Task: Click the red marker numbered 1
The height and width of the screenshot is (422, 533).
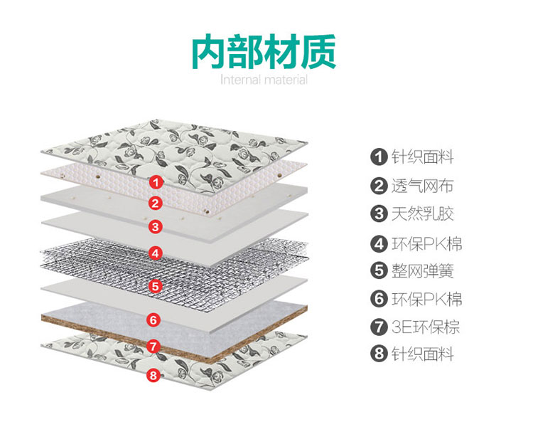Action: point(156,182)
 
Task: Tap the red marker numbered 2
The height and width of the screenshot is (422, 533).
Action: point(156,204)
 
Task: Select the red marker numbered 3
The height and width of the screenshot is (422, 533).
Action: point(156,226)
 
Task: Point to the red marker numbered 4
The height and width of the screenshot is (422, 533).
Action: point(156,253)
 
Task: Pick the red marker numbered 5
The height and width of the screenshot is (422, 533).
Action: point(156,286)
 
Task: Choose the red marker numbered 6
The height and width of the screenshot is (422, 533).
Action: point(154,320)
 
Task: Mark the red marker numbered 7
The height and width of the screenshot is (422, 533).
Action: point(154,347)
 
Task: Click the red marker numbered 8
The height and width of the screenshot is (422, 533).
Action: point(154,375)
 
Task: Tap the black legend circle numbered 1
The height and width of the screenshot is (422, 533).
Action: point(379,157)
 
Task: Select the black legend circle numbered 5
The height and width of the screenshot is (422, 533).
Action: point(379,270)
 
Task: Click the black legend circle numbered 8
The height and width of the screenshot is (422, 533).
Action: point(379,353)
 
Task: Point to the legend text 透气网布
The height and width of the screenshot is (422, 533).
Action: point(423,186)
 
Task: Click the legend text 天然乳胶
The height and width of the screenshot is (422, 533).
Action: point(423,213)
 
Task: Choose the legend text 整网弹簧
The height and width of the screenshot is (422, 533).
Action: point(423,271)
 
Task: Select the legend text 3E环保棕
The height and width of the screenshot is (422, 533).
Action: point(426,327)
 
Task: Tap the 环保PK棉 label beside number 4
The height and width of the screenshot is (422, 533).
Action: point(427,243)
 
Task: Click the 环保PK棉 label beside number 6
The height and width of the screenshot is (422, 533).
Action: point(427,299)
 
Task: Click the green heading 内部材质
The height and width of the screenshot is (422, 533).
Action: point(264,51)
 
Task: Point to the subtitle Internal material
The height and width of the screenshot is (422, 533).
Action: point(264,80)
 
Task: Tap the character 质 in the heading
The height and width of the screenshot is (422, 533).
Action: point(318,51)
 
